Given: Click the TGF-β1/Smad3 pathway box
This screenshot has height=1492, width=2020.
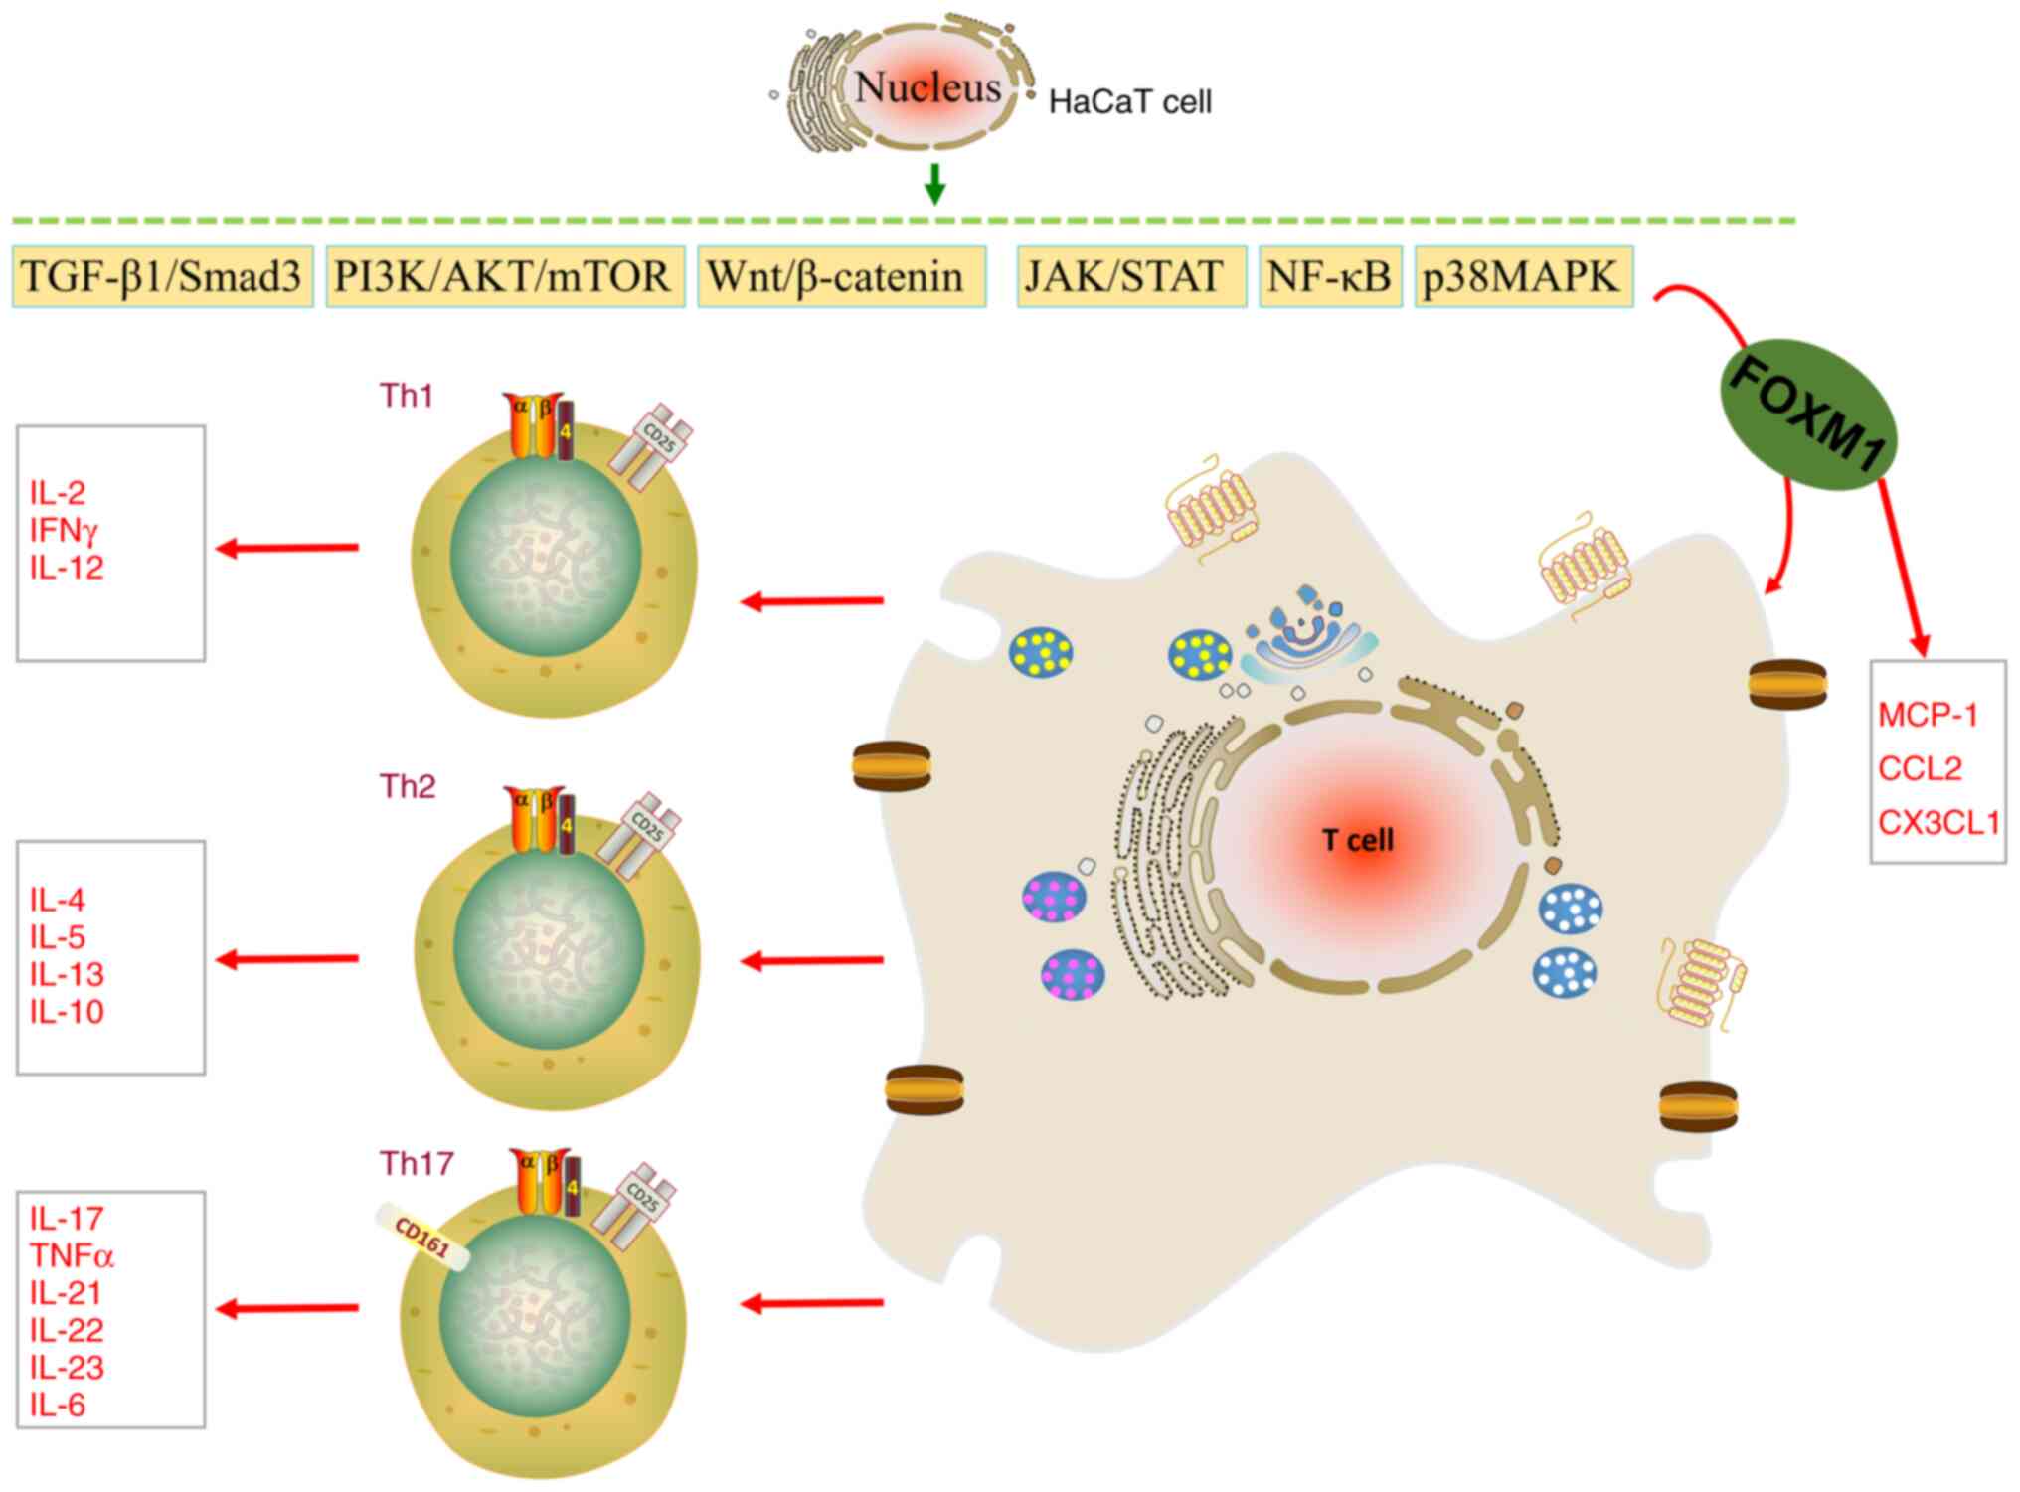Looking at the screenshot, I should click(x=162, y=276).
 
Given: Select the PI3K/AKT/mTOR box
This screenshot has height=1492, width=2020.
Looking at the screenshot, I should click(x=504, y=276).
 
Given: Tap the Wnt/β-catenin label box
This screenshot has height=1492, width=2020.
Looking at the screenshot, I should click(x=840, y=276).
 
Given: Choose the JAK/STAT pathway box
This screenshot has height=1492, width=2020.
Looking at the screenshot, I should click(x=1130, y=276).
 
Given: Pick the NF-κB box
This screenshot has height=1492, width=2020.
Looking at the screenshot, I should click(x=1329, y=276).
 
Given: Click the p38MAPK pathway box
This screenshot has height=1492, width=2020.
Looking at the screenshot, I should click(x=1523, y=276).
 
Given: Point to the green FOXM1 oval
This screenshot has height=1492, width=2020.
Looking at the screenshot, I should click(x=1808, y=416).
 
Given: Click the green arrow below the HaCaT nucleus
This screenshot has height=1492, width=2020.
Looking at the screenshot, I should click(x=933, y=184).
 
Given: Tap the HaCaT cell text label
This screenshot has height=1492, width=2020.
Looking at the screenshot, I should click(x=1130, y=102).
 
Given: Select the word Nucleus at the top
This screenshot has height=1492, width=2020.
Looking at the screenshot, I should click(x=927, y=87).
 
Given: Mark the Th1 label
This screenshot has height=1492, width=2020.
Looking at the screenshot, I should click(x=407, y=396).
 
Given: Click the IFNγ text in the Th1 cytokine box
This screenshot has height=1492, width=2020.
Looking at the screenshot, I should click(x=64, y=530).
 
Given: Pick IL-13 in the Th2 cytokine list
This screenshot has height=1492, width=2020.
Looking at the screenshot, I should click(x=67, y=974).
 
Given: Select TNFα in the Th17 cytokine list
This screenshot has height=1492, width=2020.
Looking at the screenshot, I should click(x=72, y=1255).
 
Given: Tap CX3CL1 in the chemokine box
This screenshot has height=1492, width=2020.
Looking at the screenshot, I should click(x=1937, y=823).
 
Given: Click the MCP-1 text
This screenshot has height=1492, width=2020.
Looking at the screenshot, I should click(x=1928, y=715).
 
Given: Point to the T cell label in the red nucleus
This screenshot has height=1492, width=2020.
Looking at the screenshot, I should click(x=1358, y=840).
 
